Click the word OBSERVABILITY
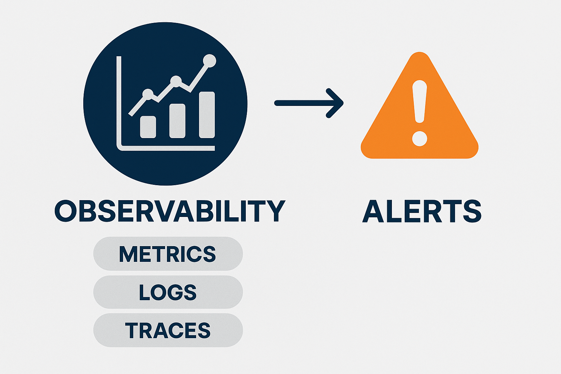pyautogui.click(x=170, y=211)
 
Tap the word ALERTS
pyautogui.click(x=422, y=211)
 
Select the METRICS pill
pyautogui.click(x=168, y=253)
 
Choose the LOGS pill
pyautogui.click(x=168, y=292)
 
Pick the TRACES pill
pyautogui.click(x=168, y=330)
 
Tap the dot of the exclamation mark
pyautogui.click(x=420, y=138)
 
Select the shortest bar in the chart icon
pyautogui.click(x=148, y=127)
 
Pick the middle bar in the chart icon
pyautogui.click(x=177, y=121)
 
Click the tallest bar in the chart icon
pyautogui.click(x=207, y=115)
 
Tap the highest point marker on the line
pyautogui.click(x=210, y=61)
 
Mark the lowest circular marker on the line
pyautogui.click(x=148, y=94)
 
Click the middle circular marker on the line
pyautogui.click(x=176, y=81)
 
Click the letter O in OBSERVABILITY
pyautogui.click(x=65, y=211)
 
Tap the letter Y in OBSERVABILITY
pyautogui.click(x=276, y=211)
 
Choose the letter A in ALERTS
pyautogui.click(x=373, y=211)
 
